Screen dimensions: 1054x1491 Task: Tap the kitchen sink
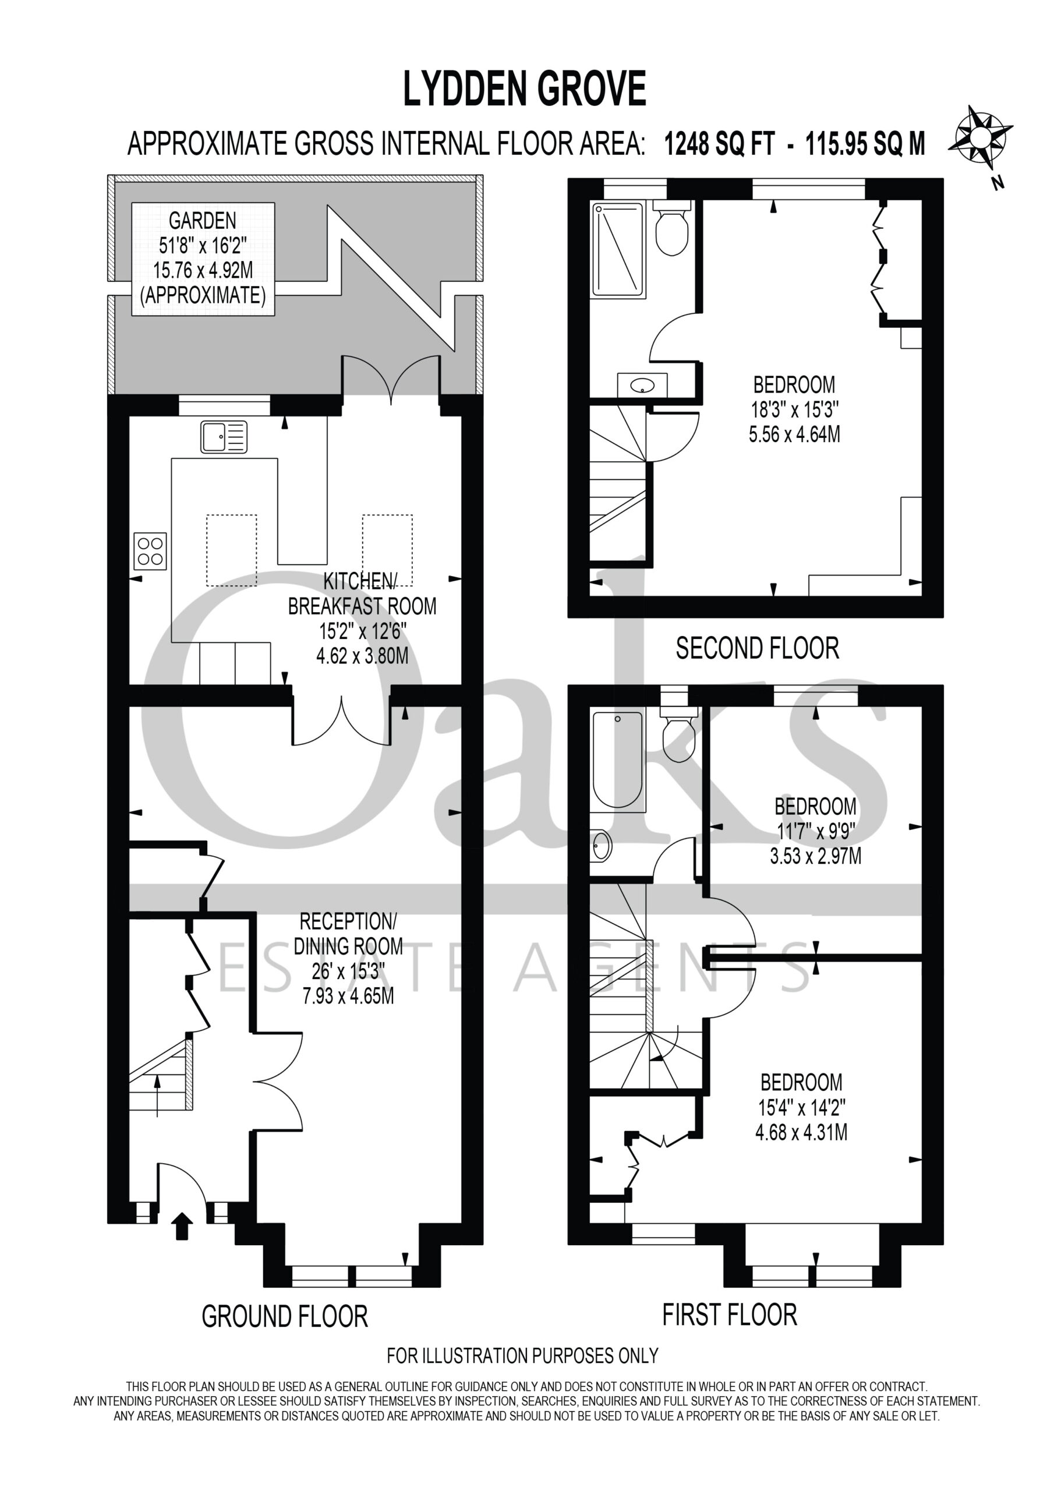pos(224,436)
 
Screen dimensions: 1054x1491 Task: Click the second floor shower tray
pos(618,250)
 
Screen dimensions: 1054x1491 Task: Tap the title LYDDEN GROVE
pos(525,89)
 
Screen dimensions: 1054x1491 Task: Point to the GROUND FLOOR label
pos(284,1317)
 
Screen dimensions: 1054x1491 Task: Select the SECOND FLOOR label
pos(757,648)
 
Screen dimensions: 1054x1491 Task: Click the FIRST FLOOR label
pos(729,1315)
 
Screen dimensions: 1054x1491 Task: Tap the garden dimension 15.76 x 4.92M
pos(203,270)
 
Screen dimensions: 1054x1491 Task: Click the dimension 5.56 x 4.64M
pos(794,434)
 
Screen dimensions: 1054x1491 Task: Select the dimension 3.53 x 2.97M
pos(816,856)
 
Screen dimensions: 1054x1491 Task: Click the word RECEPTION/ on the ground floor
pos(348,921)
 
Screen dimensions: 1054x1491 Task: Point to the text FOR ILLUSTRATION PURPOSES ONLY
pos(523,1356)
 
